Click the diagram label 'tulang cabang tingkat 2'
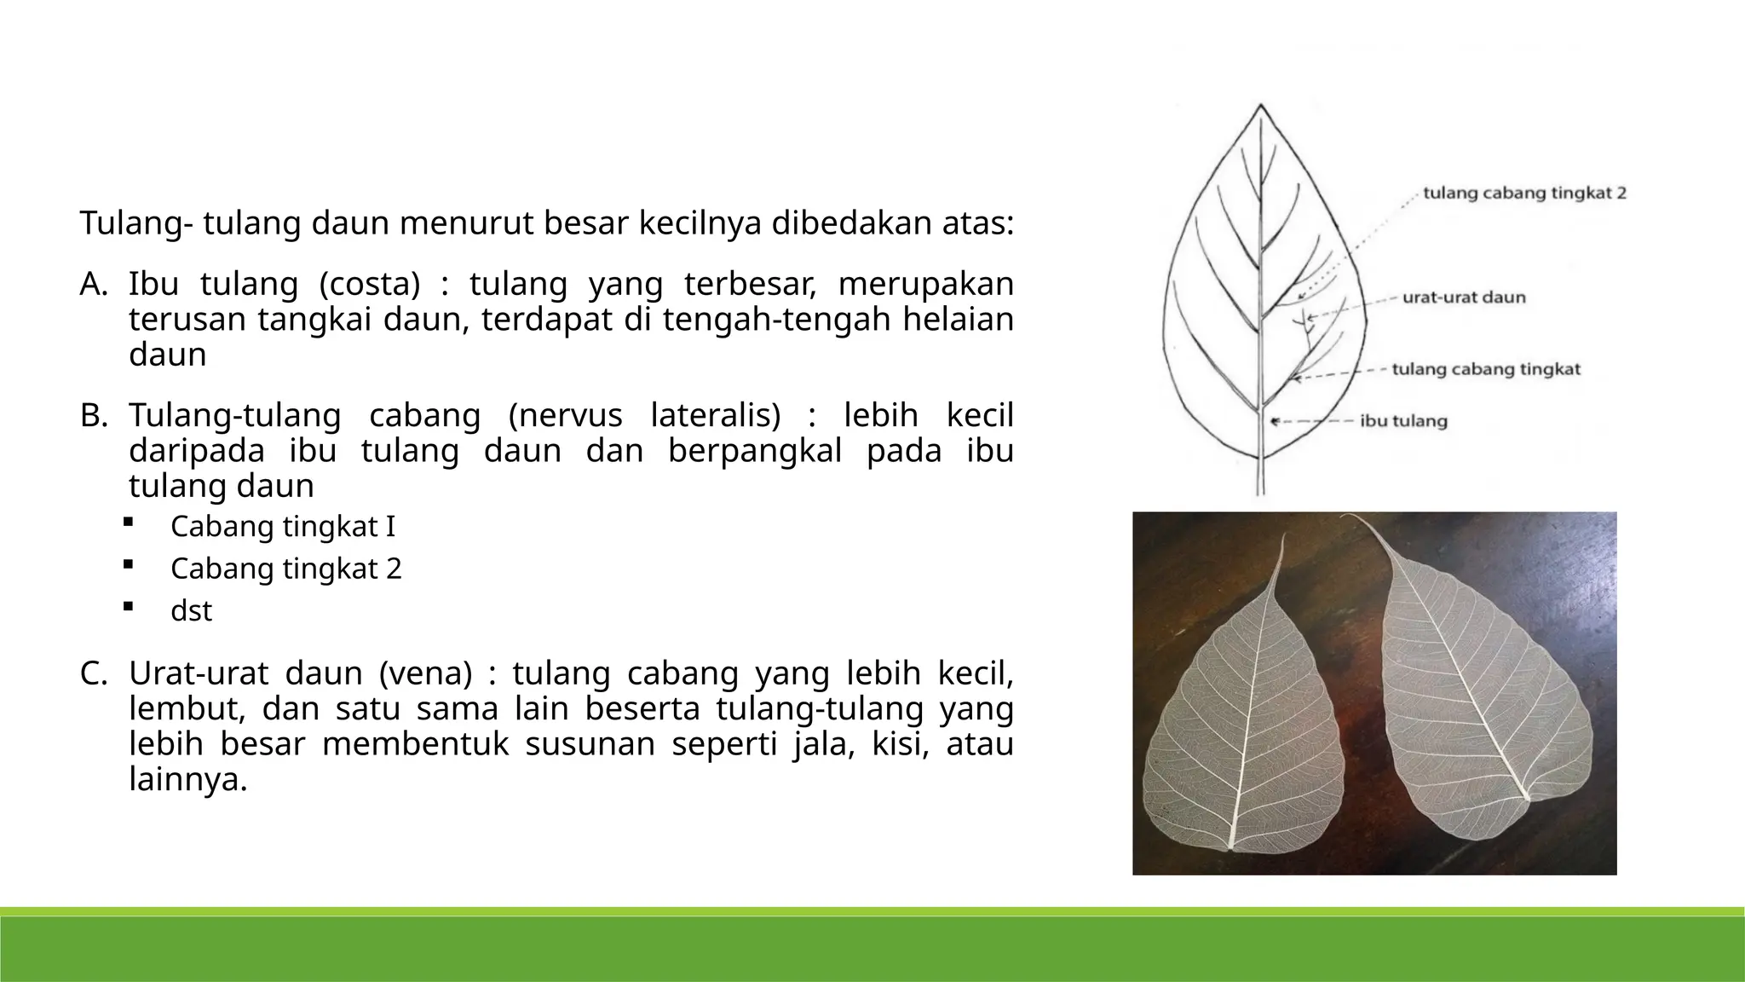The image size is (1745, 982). pos(1524,194)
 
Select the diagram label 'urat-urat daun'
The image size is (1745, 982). pos(1464,298)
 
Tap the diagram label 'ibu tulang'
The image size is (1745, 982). pos(1403,421)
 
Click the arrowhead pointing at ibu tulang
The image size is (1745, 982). pos(1274,421)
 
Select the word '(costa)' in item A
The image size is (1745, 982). pos(370,284)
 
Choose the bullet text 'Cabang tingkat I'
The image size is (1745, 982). pos(283,527)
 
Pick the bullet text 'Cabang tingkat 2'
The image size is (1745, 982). pos(285,569)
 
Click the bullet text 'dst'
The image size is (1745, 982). pos(191,611)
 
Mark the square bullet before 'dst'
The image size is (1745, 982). pos(127,606)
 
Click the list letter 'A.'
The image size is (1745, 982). pos(94,284)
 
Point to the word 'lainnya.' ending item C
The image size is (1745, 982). pos(188,779)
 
